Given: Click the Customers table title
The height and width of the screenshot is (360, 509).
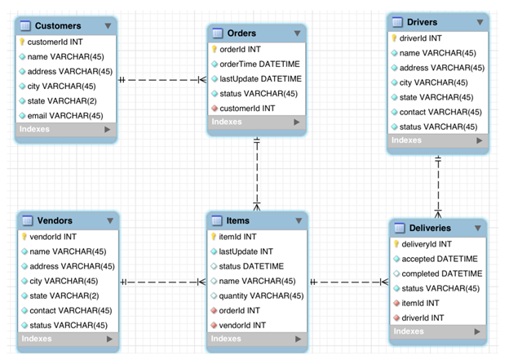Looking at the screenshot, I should [x=58, y=26].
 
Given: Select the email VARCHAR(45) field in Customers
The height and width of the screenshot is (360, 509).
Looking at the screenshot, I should [x=64, y=116].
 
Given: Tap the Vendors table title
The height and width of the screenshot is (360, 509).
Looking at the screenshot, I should [x=55, y=220].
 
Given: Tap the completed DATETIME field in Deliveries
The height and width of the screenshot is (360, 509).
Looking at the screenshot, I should [x=441, y=273].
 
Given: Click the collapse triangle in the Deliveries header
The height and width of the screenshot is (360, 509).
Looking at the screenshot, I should [x=478, y=228].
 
